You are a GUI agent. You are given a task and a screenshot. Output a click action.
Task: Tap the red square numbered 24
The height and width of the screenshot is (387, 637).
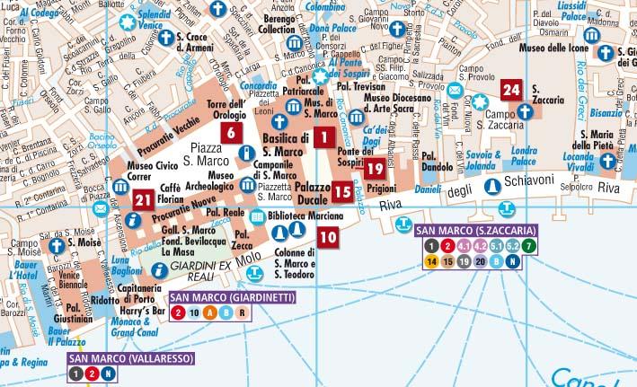(511, 90)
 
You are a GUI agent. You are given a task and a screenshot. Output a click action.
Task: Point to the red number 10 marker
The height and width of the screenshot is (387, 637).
(328, 237)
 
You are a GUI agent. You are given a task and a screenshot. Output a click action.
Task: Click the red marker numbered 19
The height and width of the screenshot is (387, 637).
(376, 168)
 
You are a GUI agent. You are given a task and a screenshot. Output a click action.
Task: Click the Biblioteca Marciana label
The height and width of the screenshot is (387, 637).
(305, 216)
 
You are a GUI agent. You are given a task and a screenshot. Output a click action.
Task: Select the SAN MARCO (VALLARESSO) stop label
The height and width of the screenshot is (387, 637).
(114, 357)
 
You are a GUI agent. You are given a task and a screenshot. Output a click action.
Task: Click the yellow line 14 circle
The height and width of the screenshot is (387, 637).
(431, 261)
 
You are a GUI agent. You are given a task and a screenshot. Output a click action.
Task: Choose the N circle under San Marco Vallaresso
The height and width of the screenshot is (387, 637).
(108, 373)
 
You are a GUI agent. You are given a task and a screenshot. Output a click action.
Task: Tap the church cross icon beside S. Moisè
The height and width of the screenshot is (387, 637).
(58, 246)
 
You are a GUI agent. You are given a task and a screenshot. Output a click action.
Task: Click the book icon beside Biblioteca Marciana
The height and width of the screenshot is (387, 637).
(257, 216)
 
